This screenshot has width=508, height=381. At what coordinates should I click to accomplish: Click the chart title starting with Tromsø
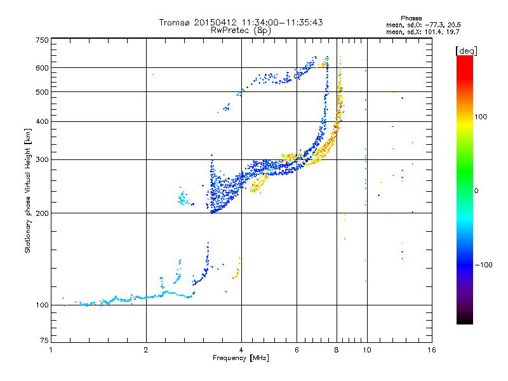(241, 22)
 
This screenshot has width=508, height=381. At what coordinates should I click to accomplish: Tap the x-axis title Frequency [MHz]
(241, 359)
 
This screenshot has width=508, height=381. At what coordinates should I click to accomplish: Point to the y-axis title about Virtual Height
(28, 190)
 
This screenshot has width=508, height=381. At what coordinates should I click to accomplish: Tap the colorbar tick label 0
(476, 190)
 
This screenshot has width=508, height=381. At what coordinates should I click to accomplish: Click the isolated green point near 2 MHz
(152, 74)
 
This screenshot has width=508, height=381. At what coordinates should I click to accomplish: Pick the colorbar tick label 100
(479, 117)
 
